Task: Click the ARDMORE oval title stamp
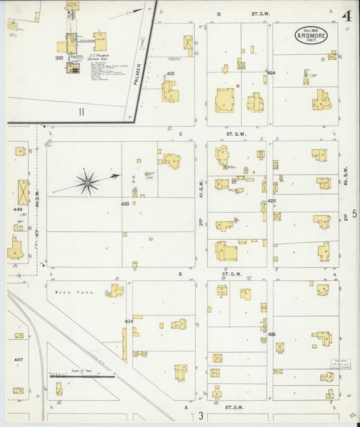click(311, 35)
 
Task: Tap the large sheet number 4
click(346, 16)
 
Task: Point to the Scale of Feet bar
click(72, 376)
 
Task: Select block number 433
click(125, 203)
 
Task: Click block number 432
click(170, 74)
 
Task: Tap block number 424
click(272, 72)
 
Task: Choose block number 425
click(272, 201)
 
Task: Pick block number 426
click(272, 334)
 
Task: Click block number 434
click(128, 321)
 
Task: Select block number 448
click(18, 209)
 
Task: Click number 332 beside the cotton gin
click(59, 58)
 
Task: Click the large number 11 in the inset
click(80, 111)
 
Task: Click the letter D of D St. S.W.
click(218, 14)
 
